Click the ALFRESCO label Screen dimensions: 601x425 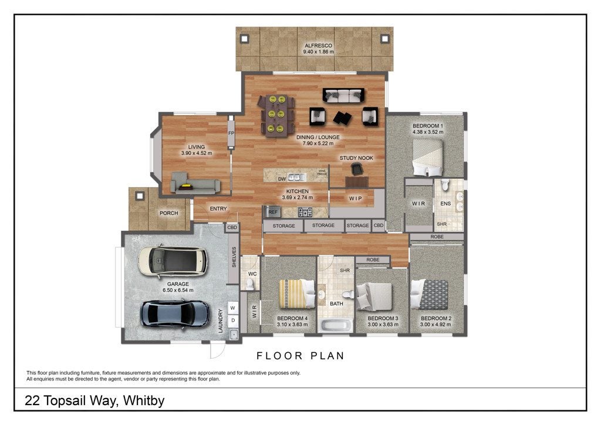click(x=319, y=45)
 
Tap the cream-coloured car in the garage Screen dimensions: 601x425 click(x=173, y=261)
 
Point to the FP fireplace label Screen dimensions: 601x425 click(x=231, y=133)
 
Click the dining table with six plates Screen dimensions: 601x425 click(x=276, y=115)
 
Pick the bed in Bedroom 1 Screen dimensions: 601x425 click(x=428, y=157)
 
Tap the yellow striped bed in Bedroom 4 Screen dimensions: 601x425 click(x=296, y=294)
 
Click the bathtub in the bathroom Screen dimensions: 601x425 click(x=336, y=326)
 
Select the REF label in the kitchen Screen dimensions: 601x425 click(x=273, y=212)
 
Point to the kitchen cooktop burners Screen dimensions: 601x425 click(x=305, y=212)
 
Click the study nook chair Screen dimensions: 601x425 click(x=357, y=168)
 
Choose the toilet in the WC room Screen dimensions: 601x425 click(x=250, y=284)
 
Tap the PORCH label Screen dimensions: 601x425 click(x=168, y=213)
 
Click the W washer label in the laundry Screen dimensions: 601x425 click(x=232, y=308)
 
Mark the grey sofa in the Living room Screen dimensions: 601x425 click(x=195, y=183)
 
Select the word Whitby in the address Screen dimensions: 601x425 click(x=144, y=400)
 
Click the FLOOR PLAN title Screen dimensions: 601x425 click(x=300, y=356)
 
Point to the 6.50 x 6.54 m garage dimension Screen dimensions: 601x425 click(x=178, y=290)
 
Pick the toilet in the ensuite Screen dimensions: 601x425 click(x=445, y=185)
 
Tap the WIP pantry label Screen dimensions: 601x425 click(x=355, y=198)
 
